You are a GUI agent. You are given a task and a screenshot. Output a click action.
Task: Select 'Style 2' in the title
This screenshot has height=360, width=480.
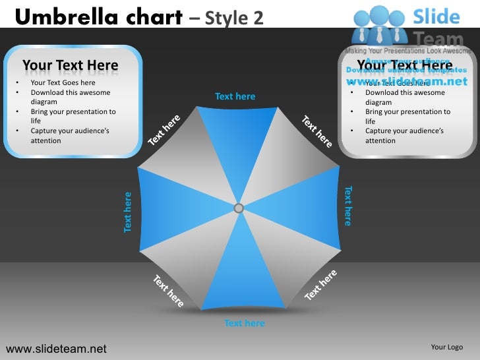tap(234, 17)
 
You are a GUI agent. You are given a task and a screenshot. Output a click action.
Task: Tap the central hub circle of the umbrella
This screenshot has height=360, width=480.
tap(239, 208)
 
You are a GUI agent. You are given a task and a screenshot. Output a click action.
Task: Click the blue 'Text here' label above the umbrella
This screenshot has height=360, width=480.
tap(235, 96)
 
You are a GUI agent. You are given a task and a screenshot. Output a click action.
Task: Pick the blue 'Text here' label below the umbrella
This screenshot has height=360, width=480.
tap(244, 323)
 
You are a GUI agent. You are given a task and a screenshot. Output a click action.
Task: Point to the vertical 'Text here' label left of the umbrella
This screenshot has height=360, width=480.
tap(128, 212)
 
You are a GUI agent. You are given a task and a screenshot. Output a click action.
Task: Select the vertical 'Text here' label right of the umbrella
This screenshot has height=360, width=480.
tap(348, 206)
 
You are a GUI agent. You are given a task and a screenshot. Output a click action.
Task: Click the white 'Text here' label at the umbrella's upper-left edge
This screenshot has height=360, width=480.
tap(164, 131)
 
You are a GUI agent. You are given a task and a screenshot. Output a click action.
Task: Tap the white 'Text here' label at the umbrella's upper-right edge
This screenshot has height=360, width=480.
tap(317, 131)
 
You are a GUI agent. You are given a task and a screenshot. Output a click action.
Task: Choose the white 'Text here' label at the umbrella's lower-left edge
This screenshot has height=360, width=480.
tap(168, 291)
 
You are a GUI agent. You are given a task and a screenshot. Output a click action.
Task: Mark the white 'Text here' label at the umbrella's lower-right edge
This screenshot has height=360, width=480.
tap(321, 285)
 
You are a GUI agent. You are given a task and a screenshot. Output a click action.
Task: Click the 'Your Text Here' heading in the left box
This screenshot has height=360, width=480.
tap(71, 65)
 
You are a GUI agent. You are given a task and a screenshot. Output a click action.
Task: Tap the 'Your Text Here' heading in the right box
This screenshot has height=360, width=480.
tap(405, 65)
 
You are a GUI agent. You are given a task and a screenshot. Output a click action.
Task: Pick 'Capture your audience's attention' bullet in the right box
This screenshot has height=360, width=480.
tap(403, 136)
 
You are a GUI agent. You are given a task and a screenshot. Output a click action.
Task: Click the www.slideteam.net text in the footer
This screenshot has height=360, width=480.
tap(56, 348)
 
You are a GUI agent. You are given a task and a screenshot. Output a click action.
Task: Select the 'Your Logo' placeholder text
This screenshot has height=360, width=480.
tap(446, 347)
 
